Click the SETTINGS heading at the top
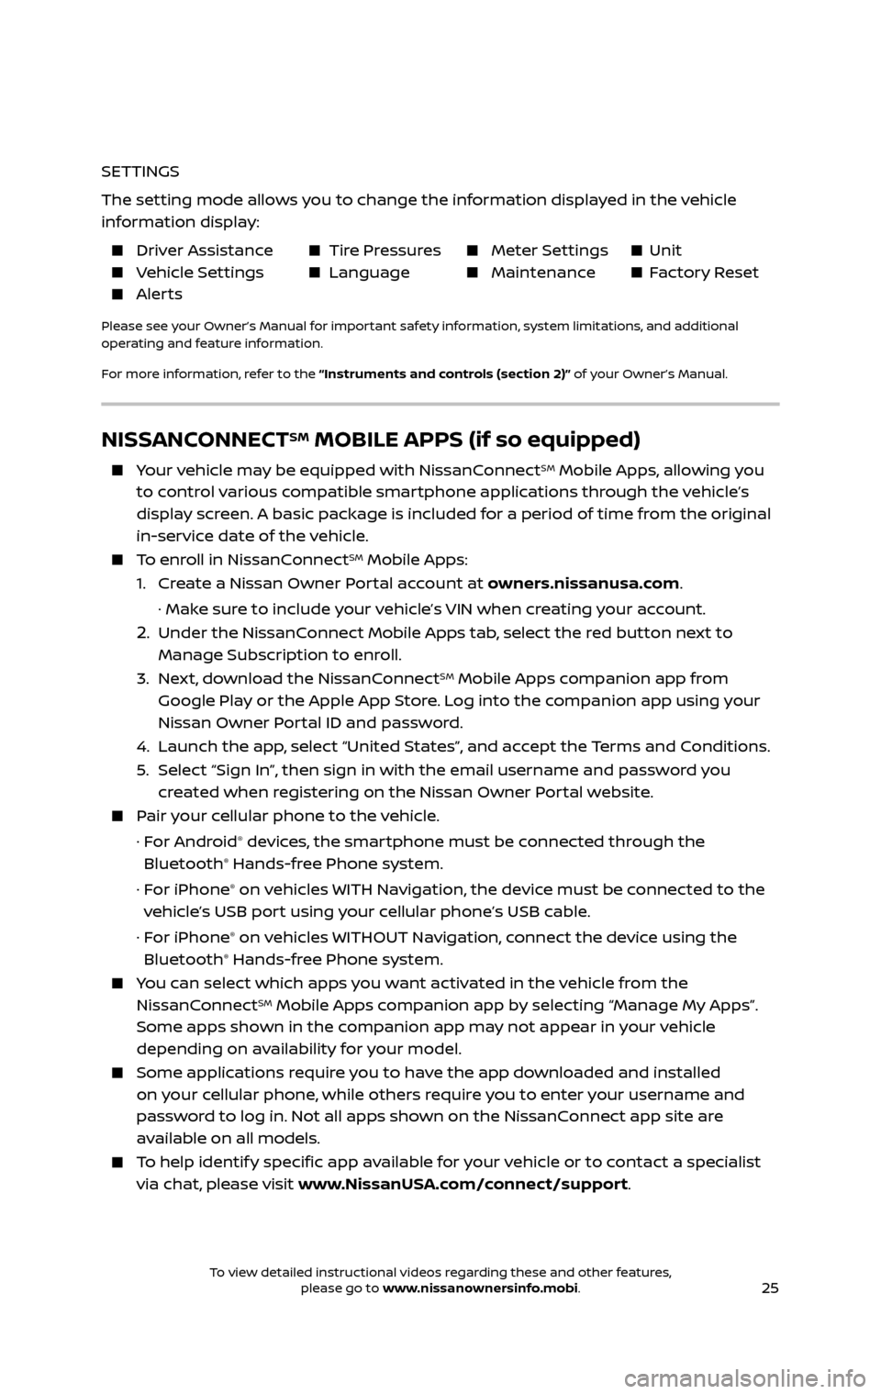(x=139, y=172)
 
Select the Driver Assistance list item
(x=204, y=251)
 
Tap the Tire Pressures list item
(x=385, y=251)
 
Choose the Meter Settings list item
(x=549, y=251)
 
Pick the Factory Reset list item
(x=703, y=273)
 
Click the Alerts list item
(x=159, y=295)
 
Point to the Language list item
(x=369, y=273)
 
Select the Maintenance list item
(x=542, y=273)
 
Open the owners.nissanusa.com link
(x=584, y=584)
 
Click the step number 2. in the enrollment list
(x=144, y=632)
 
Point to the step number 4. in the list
(x=144, y=746)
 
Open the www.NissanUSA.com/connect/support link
(x=463, y=1184)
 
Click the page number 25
(x=769, y=1288)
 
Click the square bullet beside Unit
(x=635, y=251)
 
